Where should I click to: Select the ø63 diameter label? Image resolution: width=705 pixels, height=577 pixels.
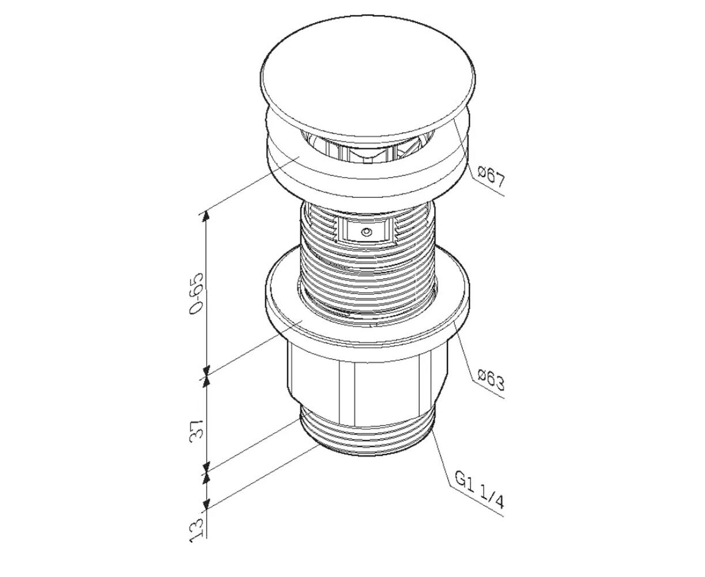tap(491, 380)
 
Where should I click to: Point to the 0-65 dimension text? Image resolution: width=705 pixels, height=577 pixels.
tap(196, 294)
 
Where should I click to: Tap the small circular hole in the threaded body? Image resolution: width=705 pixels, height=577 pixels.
tap(367, 231)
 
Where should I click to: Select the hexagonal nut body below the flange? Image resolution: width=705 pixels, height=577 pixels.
tap(367, 381)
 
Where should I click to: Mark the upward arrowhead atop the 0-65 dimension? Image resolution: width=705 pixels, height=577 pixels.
tap(208, 218)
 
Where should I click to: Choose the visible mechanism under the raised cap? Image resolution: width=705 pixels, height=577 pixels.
tap(367, 148)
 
